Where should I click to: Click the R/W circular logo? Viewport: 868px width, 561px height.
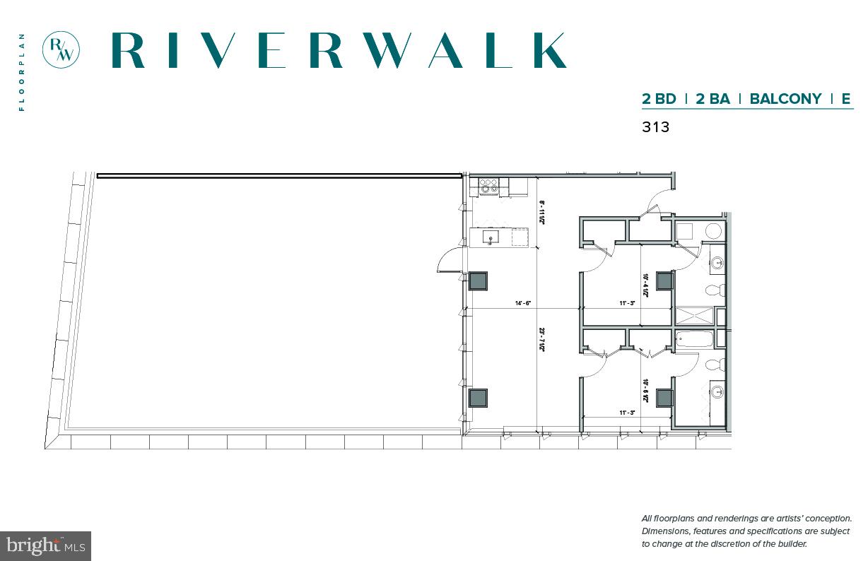tap(61, 49)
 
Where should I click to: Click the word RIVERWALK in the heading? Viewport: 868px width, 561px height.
tap(339, 50)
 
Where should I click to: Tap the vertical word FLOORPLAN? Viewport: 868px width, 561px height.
tap(22, 72)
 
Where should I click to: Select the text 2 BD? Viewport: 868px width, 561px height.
tap(659, 99)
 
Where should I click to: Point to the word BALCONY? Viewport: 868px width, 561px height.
tap(785, 99)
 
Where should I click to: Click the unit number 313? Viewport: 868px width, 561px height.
tap(655, 127)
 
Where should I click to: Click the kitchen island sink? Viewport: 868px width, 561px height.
tap(489, 237)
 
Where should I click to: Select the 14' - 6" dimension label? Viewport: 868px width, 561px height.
tap(522, 304)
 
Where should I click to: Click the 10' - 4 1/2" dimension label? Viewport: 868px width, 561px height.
tap(645, 286)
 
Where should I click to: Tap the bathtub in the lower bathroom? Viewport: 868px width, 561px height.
tap(694, 339)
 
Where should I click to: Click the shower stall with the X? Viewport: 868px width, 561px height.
tap(694, 316)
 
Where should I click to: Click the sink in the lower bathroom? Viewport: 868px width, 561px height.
tap(717, 391)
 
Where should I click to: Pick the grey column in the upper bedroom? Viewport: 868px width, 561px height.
tap(664, 280)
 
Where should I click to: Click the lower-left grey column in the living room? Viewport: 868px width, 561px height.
tap(479, 398)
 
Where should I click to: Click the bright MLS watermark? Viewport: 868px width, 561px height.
tap(46, 545)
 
